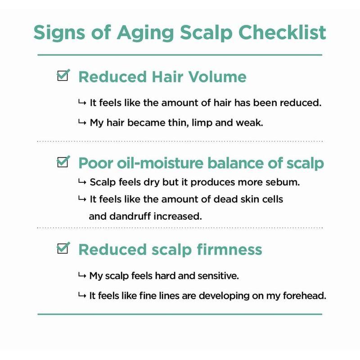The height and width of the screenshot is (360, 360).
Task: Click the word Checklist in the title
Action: click(x=282, y=32)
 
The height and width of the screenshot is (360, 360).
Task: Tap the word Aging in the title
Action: click(x=145, y=33)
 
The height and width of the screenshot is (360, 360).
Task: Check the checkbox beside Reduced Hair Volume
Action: click(x=63, y=76)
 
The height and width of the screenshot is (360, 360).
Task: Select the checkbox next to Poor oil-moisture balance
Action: click(x=63, y=162)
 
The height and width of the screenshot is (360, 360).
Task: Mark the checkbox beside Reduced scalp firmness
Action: click(x=63, y=248)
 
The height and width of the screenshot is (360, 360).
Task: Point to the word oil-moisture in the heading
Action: click(x=160, y=163)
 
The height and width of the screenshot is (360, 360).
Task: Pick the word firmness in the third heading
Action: click(x=229, y=249)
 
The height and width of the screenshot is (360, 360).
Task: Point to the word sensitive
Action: click(x=218, y=275)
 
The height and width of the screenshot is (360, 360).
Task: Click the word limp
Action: click(x=202, y=123)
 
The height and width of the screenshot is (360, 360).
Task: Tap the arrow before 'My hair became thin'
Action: click(x=82, y=122)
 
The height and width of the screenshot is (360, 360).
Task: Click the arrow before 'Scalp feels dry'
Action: click(x=82, y=182)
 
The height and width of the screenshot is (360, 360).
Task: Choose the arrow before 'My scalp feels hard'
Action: click(x=82, y=275)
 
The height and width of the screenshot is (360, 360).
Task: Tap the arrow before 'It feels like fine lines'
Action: click(x=82, y=295)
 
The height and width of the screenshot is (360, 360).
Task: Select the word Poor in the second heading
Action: click(x=96, y=163)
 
